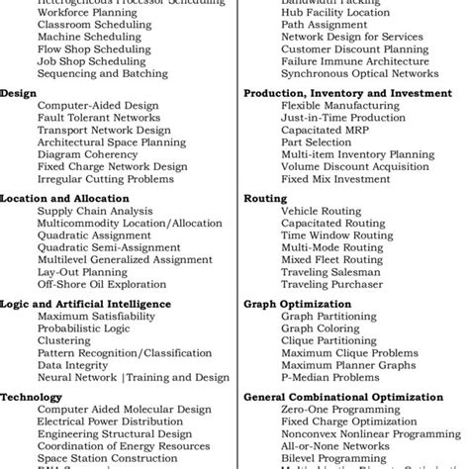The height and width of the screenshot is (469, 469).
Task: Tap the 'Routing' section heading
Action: click(x=264, y=198)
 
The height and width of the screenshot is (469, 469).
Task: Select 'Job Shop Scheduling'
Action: click(x=91, y=60)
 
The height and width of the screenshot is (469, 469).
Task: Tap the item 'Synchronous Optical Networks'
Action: click(x=359, y=73)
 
